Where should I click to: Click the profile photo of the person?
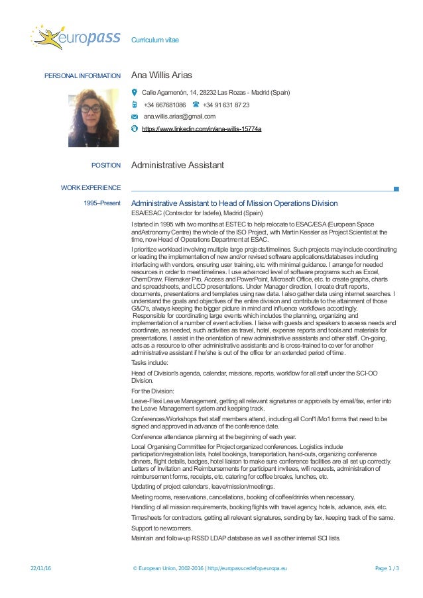click(93, 117)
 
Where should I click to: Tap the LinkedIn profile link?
click(202, 128)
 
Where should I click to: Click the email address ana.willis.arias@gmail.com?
click(179, 117)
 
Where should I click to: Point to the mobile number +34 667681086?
click(164, 105)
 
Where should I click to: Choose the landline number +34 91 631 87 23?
click(226, 105)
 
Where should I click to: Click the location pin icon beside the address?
click(135, 93)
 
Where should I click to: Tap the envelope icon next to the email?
click(135, 117)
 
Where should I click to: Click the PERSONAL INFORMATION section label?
click(82, 76)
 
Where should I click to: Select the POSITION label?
click(106, 165)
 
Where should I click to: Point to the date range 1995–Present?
click(102, 203)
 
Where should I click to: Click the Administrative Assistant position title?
click(178, 165)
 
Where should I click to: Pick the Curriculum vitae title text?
click(155, 40)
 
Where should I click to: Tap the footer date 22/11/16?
click(41, 569)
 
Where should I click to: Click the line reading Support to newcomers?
click(162, 528)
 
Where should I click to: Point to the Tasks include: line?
click(150, 362)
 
